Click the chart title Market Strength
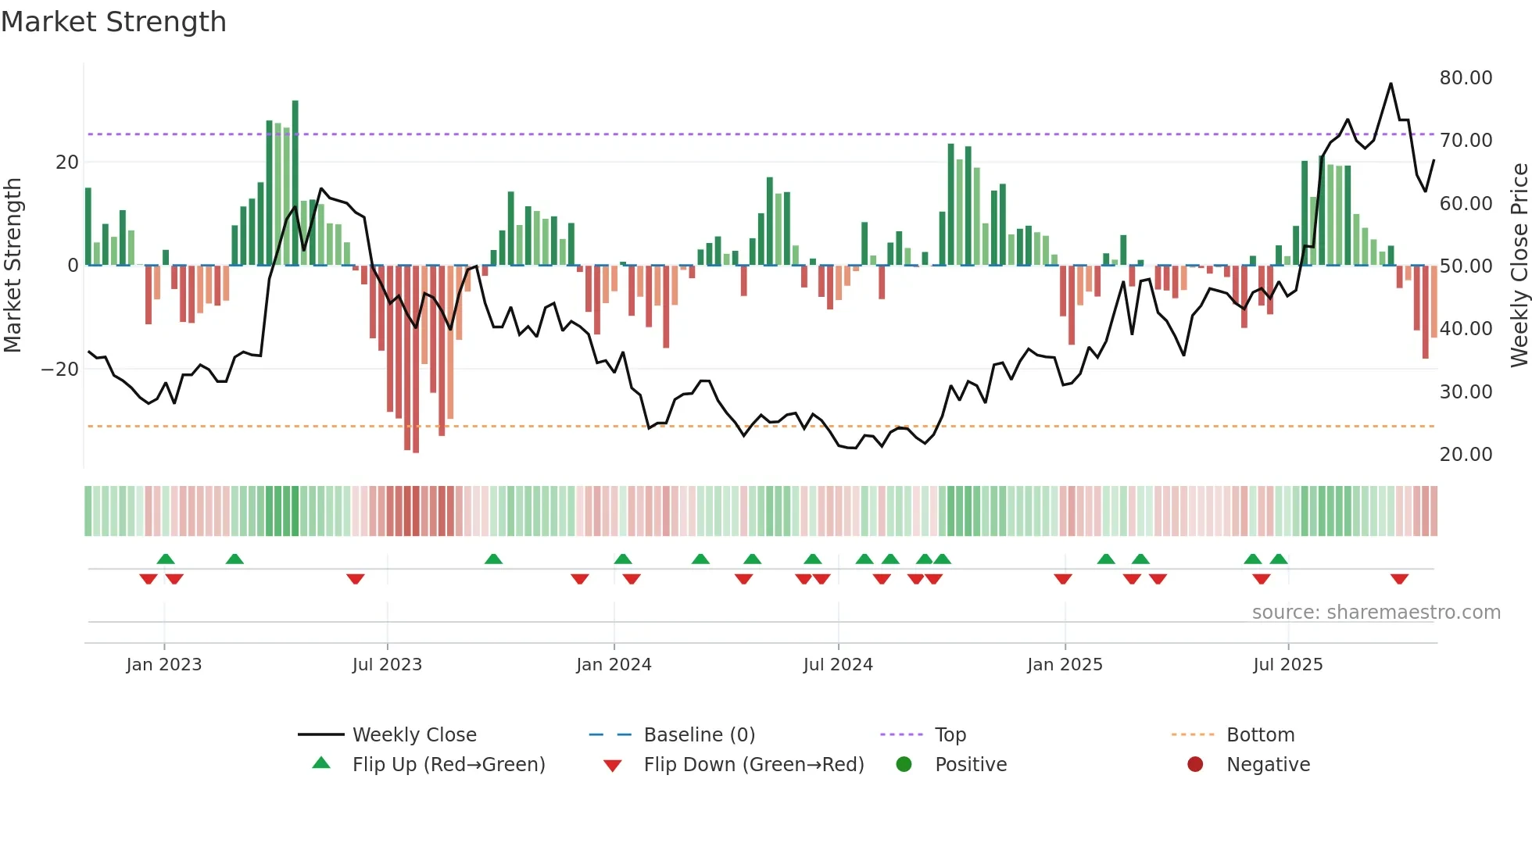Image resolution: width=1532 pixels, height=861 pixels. click(x=113, y=22)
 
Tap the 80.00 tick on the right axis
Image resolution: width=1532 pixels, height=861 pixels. click(x=1466, y=78)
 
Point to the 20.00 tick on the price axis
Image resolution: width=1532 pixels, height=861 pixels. click(x=1466, y=455)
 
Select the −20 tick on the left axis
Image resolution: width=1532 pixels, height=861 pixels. click(x=60, y=369)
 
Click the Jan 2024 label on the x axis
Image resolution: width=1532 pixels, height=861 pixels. click(x=614, y=665)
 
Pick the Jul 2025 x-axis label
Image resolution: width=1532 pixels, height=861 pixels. click(x=1287, y=665)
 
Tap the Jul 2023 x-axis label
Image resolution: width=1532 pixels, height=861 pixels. click(x=387, y=665)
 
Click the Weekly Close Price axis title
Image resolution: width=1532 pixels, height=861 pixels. click(x=1519, y=266)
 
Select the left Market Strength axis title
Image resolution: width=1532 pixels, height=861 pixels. click(x=13, y=266)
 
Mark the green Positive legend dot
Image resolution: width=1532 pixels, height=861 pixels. click(x=904, y=765)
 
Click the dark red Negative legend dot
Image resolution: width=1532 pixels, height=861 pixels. click(x=1195, y=765)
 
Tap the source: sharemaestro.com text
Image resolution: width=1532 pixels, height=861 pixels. click(x=1376, y=613)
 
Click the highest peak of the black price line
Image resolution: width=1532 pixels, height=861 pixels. click(x=1391, y=84)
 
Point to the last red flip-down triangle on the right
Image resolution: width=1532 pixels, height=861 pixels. click(x=1399, y=579)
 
